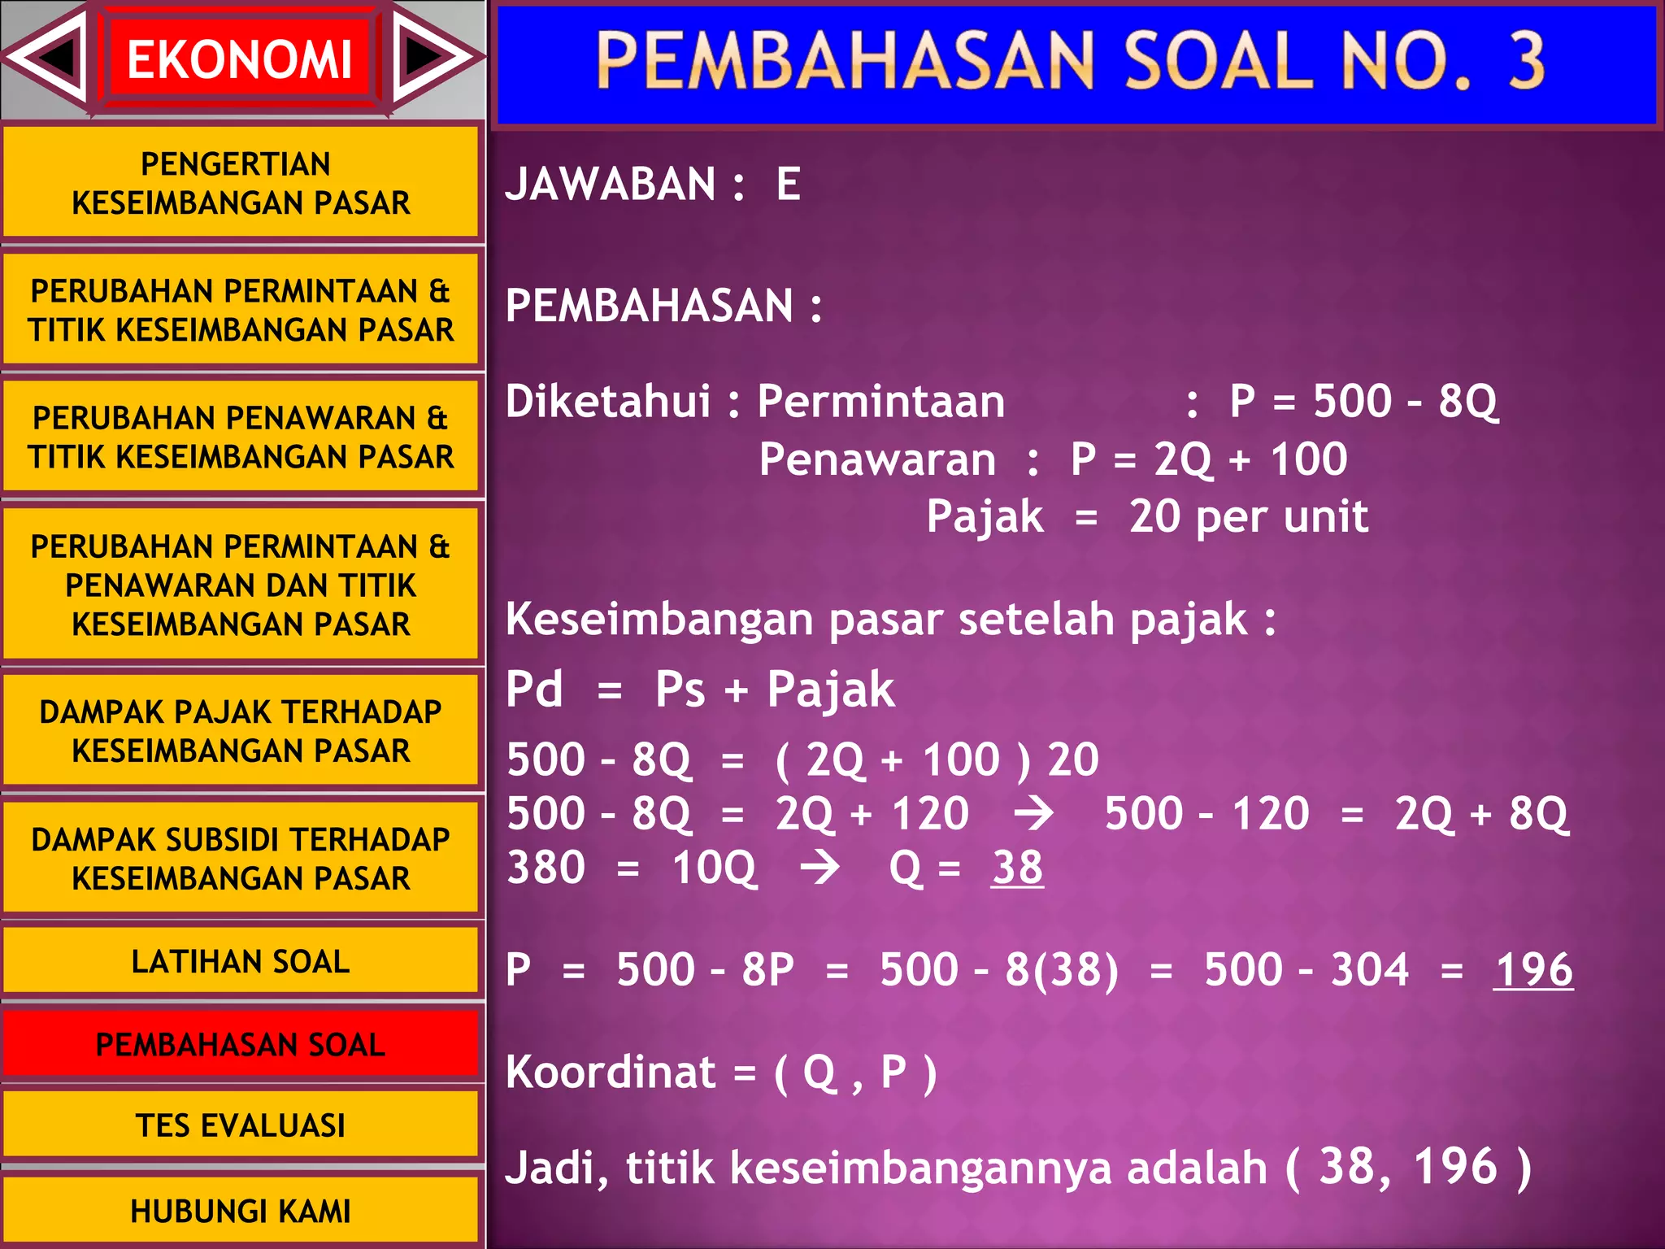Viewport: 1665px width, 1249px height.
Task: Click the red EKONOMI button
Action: coord(239,59)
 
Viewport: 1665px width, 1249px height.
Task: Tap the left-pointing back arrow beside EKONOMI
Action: coord(50,57)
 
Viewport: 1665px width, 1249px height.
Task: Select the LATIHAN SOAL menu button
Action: coord(241,961)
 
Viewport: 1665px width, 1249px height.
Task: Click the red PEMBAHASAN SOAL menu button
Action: coord(241,1044)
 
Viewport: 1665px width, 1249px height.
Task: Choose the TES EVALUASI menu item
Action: coord(241,1125)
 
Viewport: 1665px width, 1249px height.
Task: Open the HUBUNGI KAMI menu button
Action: coord(241,1211)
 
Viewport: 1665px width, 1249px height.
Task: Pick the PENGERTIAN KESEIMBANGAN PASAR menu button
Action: coord(241,183)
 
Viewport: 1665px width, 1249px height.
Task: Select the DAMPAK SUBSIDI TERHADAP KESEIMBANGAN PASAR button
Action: coord(241,859)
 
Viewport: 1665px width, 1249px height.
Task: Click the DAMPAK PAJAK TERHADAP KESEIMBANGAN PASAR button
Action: coord(241,731)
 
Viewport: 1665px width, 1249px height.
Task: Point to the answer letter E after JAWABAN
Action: coord(788,184)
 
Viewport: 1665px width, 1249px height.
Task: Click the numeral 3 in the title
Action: coord(1526,60)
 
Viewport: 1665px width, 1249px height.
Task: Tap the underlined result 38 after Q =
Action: coord(1016,868)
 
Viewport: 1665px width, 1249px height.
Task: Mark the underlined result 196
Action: coord(1532,970)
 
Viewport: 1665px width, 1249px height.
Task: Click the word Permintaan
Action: coord(880,402)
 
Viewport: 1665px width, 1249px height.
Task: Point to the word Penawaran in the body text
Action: coord(876,459)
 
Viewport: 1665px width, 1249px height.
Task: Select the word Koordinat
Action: coord(610,1072)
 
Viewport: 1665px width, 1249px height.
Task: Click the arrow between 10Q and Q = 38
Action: coord(819,868)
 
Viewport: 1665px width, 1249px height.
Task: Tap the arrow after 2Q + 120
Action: coord(1034,814)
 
